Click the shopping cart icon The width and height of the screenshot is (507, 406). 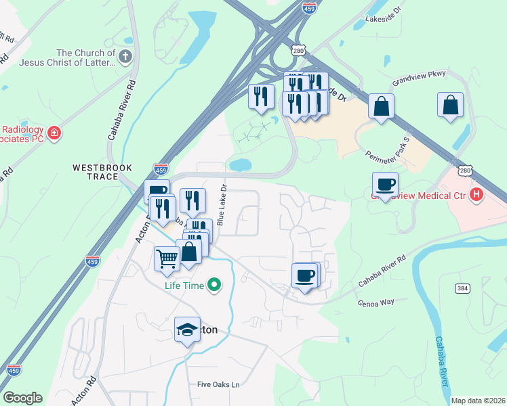(167, 258)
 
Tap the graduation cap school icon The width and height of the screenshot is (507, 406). (187, 330)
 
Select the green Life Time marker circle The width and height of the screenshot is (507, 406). (214, 285)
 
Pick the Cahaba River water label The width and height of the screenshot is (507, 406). (441, 361)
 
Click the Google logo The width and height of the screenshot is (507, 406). (22, 398)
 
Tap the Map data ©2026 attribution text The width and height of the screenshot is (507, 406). (478, 401)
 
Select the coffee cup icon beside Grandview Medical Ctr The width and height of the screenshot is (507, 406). (385, 184)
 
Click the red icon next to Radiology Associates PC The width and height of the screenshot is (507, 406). (53, 133)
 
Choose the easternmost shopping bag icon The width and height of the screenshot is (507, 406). (450, 105)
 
